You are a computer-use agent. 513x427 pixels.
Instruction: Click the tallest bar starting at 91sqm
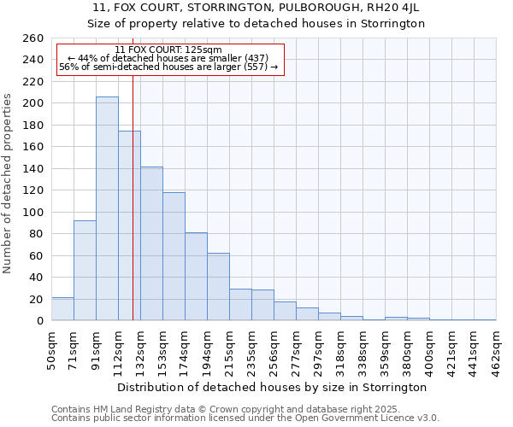pos(107,208)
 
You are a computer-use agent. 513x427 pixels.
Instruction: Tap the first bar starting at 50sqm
pos(62,309)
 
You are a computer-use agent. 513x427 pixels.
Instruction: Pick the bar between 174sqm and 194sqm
pos(196,277)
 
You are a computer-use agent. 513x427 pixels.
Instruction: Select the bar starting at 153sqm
pos(174,256)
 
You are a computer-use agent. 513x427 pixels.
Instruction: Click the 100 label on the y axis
pos(33,212)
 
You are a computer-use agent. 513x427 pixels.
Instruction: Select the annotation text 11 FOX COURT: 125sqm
pos(168,50)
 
